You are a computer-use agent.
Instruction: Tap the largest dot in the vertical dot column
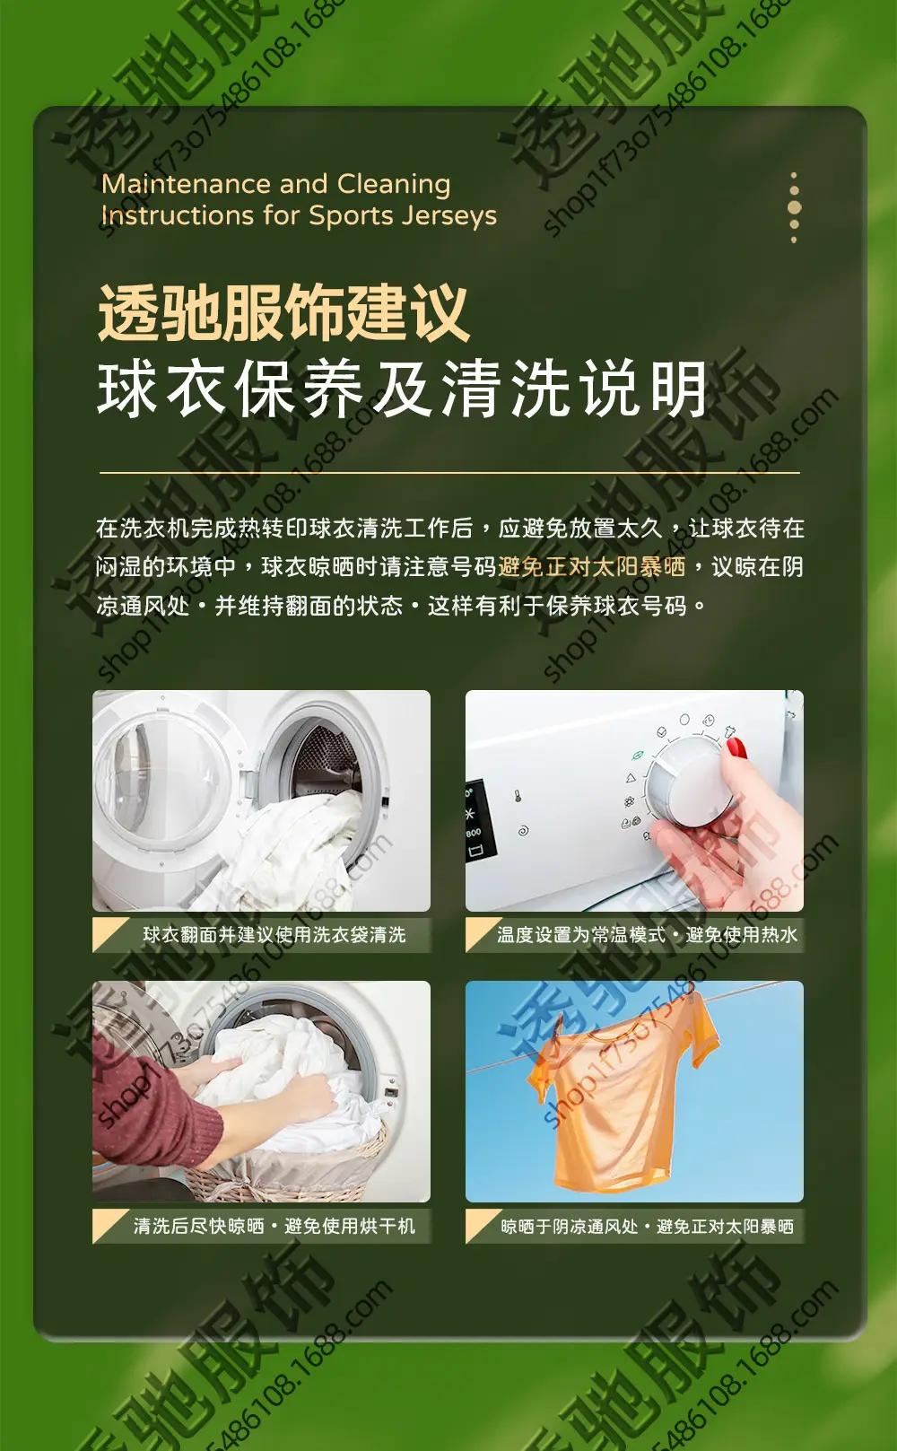(794, 207)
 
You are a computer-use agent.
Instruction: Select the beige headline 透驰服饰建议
(283, 312)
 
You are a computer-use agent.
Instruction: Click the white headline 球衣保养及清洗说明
(402, 389)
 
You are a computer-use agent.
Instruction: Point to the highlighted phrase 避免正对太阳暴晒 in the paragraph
(591, 567)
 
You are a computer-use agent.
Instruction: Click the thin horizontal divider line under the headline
(449, 473)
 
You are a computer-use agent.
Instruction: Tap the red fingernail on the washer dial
(737, 748)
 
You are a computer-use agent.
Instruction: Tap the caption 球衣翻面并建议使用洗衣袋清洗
(274, 935)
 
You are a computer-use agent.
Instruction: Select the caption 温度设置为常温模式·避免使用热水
(647, 935)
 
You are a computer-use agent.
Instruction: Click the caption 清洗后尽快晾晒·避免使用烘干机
(274, 1226)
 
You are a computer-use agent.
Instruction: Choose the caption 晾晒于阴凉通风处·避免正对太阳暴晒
(647, 1227)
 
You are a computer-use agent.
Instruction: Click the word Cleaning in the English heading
(394, 185)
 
